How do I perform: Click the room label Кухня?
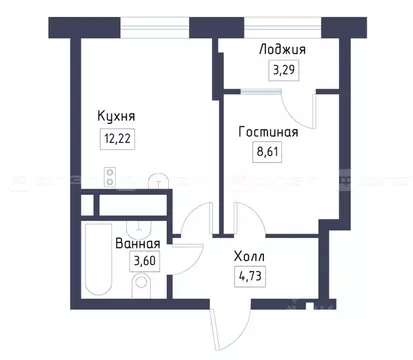tap(118, 115)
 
